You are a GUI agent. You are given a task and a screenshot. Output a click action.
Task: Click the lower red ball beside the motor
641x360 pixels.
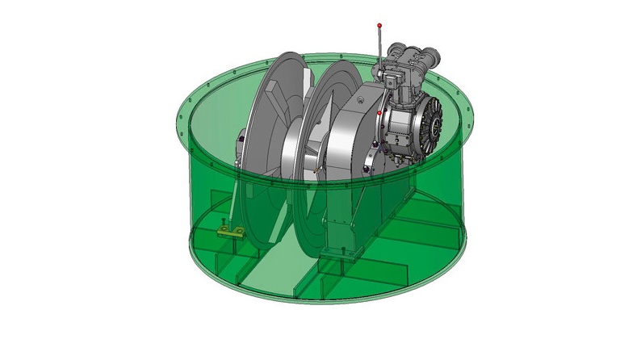[379, 114]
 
